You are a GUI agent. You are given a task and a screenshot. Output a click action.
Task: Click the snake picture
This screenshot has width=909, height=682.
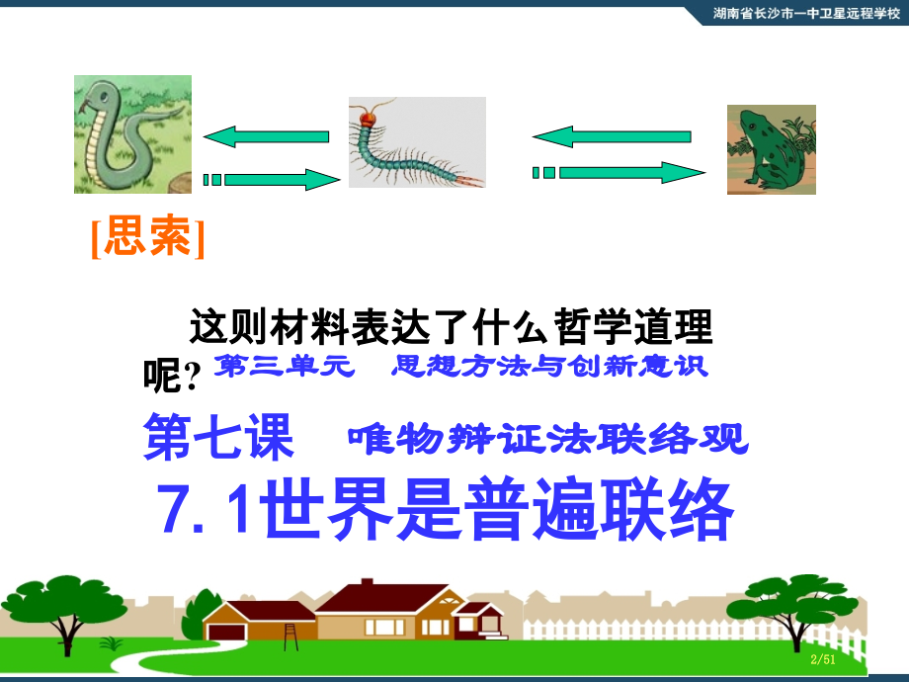coord(132,134)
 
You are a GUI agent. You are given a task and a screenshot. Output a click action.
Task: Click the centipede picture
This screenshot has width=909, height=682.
coord(417,141)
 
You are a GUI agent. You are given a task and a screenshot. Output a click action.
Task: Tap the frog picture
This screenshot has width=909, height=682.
coord(771,149)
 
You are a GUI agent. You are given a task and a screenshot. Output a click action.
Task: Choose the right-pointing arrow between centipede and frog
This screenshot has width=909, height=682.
coord(620,173)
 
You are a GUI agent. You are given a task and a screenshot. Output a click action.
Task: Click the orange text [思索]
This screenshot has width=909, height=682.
coord(148,238)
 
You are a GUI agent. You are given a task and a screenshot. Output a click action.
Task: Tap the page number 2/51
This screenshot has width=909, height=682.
coord(822,659)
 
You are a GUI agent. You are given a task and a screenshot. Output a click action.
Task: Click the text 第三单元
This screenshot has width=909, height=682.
coord(287,367)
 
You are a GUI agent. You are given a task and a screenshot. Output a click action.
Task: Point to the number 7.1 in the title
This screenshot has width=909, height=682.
coord(203,509)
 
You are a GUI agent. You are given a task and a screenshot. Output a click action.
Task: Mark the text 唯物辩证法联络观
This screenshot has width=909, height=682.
coord(547,438)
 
